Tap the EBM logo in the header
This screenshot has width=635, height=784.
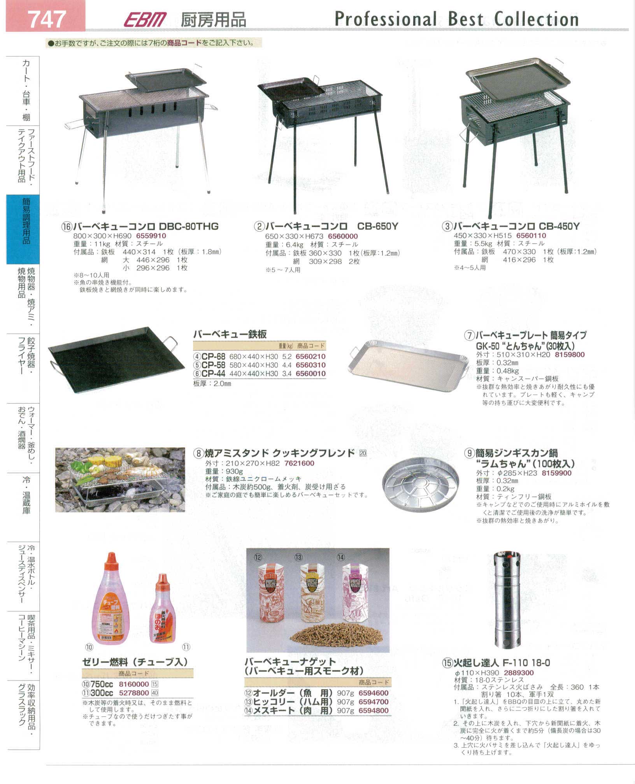145,19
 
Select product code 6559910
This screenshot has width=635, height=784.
151,236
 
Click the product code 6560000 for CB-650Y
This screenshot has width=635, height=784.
343,236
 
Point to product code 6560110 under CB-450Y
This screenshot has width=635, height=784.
531,235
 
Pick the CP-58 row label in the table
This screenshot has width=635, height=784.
213,365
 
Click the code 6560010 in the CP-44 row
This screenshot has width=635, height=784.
310,373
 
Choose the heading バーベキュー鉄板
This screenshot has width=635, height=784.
230,334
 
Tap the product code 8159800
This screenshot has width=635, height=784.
570,354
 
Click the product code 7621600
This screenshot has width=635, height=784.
299,463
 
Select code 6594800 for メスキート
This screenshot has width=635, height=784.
374,710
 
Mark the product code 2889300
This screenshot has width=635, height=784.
519,672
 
